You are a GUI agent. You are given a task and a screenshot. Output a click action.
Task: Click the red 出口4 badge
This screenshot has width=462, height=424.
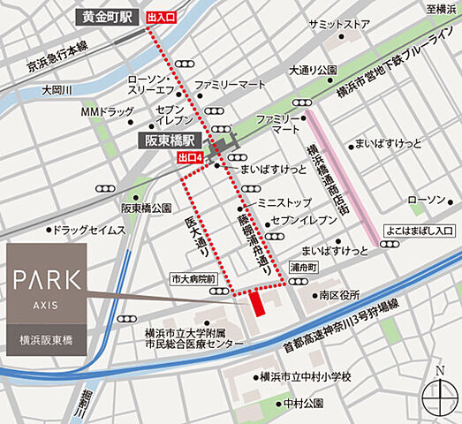(192, 157)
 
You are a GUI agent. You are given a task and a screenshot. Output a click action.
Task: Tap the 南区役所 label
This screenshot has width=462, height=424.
(341, 295)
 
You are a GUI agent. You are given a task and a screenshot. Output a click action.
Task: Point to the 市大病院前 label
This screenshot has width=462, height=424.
(193, 278)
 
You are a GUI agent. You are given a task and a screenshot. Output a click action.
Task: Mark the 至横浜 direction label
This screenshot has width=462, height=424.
(439, 9)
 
